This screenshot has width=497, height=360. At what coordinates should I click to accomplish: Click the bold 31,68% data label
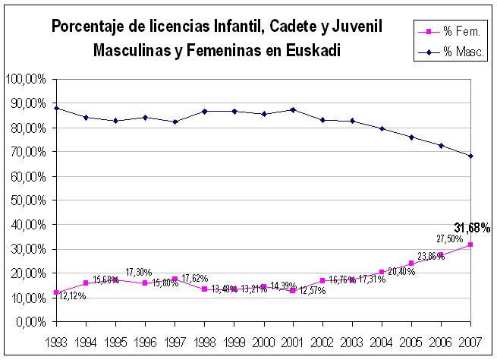(x=472, y=227)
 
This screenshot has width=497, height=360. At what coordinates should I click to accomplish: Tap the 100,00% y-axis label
(x=25, y=79)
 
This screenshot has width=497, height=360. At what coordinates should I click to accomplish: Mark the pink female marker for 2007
(x=470, y=245)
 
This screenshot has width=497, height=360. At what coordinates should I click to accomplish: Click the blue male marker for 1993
(x=56, y=108)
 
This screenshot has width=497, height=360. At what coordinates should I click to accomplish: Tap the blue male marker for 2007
(x=470, y=156)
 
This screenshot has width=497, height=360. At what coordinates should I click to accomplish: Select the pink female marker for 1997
(x=175, y=279)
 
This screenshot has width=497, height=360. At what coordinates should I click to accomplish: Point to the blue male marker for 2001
(x=293, y=109)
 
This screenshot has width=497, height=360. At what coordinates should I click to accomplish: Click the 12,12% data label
(x=72, y=296)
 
